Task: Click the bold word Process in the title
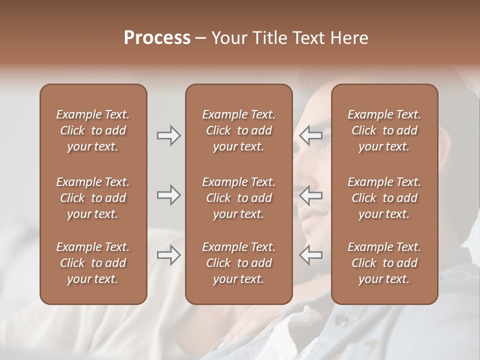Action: coord(157,38)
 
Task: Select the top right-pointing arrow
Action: coord(168,135)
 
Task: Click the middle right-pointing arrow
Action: coord(168,195)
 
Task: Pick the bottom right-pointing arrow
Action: coord(168,255)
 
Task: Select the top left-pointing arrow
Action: coord(311,135)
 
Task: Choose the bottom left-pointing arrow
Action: coord(311,255)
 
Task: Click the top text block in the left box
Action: coord(93,130)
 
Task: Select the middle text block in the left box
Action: coord(93,198)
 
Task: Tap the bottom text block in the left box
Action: coord(93,263)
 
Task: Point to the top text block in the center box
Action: coord(239,130)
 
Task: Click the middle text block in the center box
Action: coord(239,198)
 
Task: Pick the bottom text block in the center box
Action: coord(239,263)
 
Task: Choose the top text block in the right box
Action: coord(384,130)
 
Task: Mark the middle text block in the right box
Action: coord(384,198)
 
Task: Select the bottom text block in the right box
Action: coord(384,263)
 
